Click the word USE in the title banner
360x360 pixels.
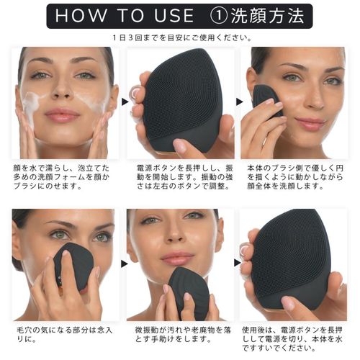174,16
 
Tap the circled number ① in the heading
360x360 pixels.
218,16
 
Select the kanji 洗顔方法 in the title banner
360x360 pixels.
268,16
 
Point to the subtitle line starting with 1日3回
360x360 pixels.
182,38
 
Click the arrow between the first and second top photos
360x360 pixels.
125,102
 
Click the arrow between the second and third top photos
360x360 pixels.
239,102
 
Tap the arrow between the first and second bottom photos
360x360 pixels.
124,264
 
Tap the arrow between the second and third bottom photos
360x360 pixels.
238,263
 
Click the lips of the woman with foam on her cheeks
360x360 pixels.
63,114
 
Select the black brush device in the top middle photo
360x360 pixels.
182,101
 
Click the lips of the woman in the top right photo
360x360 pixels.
310,122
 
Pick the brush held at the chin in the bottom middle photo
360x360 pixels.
189,293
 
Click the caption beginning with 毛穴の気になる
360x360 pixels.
64,334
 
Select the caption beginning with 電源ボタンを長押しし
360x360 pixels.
185,177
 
